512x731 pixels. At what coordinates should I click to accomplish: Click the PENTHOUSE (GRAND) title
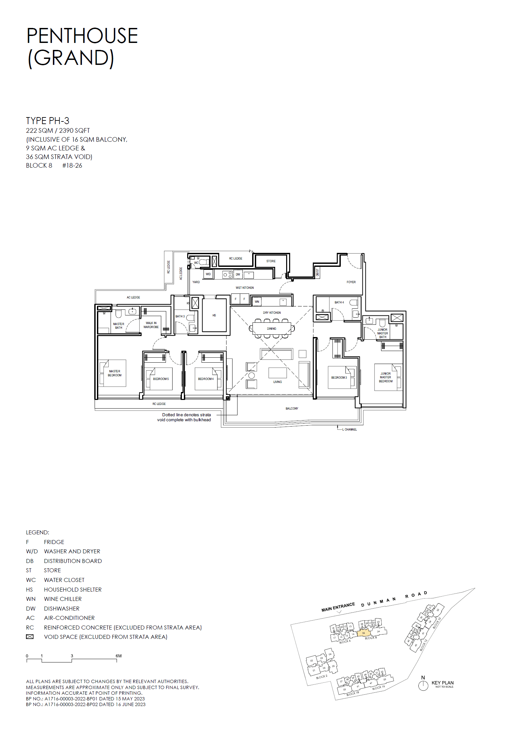tap(82, 47)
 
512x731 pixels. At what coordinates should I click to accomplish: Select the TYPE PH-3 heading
tap(48, 121)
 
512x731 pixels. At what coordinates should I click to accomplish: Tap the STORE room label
tap(271, 261)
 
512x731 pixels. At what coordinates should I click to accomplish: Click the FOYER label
tap(351, 282)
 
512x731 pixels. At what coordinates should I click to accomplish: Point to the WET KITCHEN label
tap(245, 288)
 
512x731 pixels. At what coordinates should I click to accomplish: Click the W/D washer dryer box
tap(208, 274)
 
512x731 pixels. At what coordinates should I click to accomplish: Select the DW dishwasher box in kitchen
tap(238, 274)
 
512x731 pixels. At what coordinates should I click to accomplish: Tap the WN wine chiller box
tap(256, 302)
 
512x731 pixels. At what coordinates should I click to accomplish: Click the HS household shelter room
tap(214, 315)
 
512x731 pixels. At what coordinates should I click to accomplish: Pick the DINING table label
tap(271, 329)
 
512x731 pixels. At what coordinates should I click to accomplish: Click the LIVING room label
tap(277, 382)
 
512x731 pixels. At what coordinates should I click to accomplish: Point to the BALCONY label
tap(292, 409)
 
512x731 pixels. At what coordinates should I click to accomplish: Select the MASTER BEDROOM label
tap(115, 373)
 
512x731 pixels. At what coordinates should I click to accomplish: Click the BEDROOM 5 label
tap(161, 379)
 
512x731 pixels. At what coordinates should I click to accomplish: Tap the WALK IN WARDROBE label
tap(151, 325)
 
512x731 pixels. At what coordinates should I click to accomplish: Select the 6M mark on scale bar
tap(118, 656)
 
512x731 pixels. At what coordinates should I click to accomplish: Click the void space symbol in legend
tap(30, 637)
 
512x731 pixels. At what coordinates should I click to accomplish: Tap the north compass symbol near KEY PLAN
tap(423, 686)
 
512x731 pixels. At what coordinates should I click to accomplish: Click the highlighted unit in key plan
tap(363, 633)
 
